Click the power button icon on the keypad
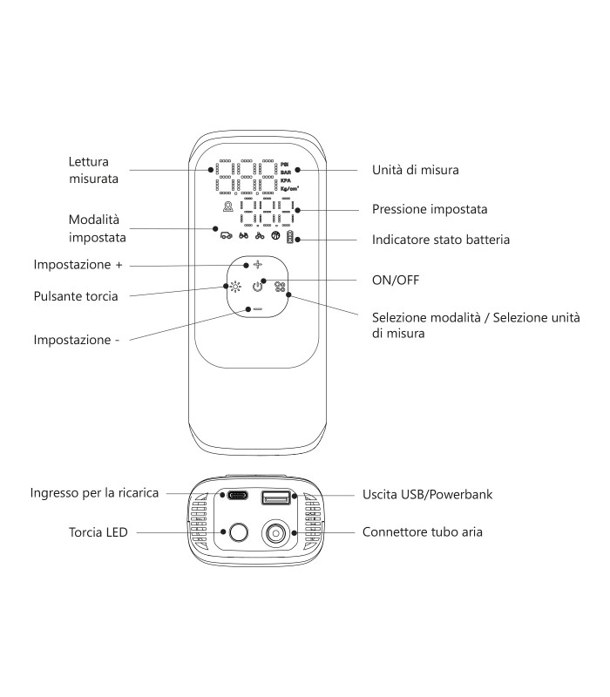[257, 287]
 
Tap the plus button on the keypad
[257, 265]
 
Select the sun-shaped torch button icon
[235, 287]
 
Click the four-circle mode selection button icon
[280, 287]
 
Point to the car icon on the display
[227, 235]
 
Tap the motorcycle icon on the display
[244, 235]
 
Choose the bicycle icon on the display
[260, 235]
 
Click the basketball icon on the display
[275, 235]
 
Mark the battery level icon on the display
[290, 237]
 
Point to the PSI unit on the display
[285, 165]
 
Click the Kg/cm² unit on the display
[289, 188]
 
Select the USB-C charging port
[237, 495]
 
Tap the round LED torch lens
[238, 532]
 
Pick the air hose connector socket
[275, 532]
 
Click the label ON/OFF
[396, 280]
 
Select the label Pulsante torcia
[76, 296]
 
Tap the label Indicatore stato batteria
[441, 240]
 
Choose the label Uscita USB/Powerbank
[428, 494]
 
